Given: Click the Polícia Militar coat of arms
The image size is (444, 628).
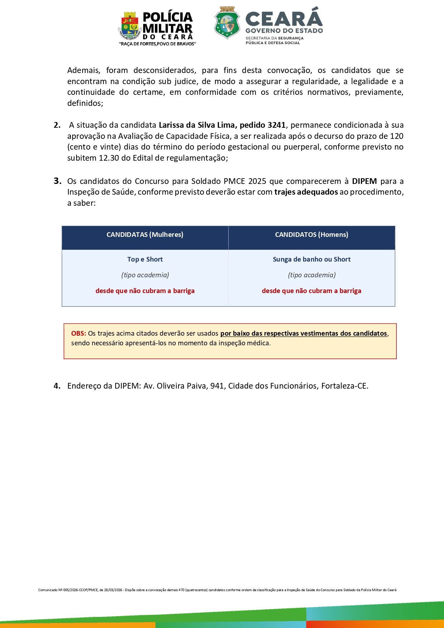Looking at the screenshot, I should point(130,26).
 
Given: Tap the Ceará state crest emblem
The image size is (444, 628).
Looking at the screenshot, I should point(227,23).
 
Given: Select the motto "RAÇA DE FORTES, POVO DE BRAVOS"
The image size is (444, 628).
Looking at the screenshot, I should point(157,44).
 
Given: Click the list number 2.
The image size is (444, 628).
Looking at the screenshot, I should point(57,125).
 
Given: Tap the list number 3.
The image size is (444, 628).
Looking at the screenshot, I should point(57,181).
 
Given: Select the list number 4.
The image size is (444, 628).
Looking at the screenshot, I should point(57,386).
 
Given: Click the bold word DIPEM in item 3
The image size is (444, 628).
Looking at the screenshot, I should point(364,181).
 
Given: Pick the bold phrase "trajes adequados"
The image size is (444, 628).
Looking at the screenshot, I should point(306,192).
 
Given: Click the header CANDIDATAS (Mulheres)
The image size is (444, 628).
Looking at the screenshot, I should point(145,235).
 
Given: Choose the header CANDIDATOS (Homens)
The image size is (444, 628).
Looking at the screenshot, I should point(312,235).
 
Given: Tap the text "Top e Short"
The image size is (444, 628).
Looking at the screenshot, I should point(145,259).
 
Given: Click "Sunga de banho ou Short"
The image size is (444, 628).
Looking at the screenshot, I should point(312,259).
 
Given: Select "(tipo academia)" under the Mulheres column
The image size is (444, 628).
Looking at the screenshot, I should point(145,275).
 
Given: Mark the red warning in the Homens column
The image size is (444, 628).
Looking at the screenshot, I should point(312,291).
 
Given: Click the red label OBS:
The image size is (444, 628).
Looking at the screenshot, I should point(78,334).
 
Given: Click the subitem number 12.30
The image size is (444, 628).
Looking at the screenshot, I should point(109,158).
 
